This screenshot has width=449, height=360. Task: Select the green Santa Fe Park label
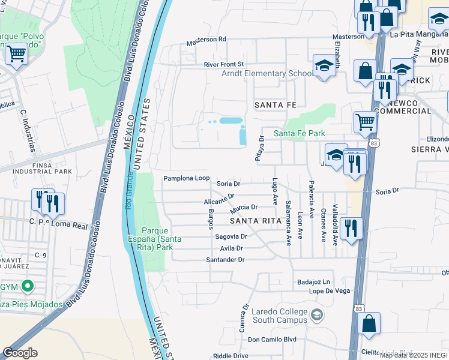[303, 133]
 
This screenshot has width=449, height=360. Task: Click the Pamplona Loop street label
[187, 179]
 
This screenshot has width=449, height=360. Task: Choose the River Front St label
[224, 64]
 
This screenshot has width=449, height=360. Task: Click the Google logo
[20, 353]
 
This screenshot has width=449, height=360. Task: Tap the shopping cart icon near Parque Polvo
[16, 55]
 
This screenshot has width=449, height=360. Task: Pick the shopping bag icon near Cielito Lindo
[369, 323]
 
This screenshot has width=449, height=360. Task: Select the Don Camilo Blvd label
[272, 339]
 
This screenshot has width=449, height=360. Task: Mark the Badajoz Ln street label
[314, 281]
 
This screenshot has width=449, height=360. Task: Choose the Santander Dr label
[226, 260]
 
